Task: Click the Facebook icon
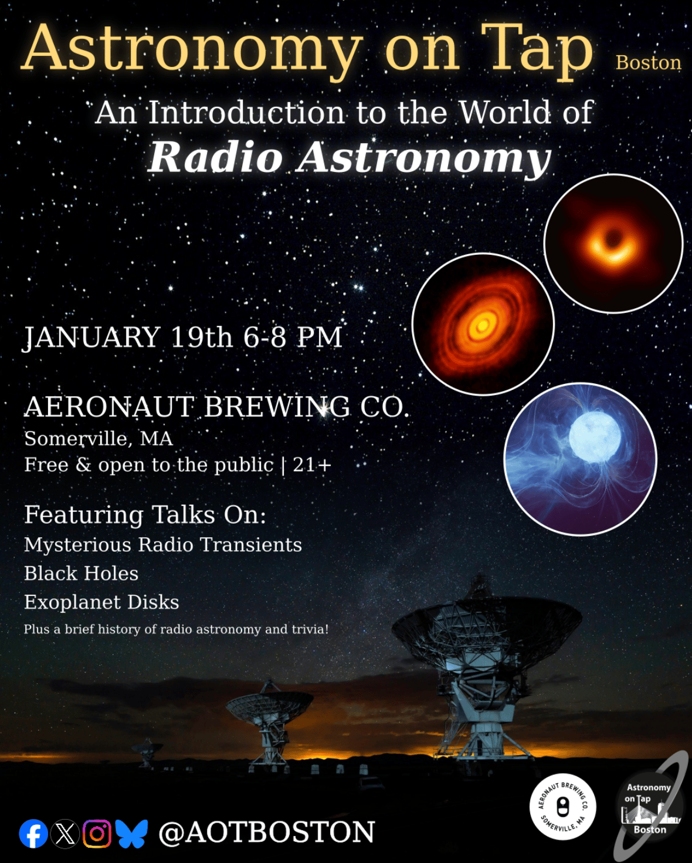pyautogui.click(x=33, y=833)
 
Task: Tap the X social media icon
pyautogui.click(x=66, y=833)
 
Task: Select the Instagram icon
pyautogui.click(x=97, y=833)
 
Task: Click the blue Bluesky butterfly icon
pyautogui.click(x=131, y=833)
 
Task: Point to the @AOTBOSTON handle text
pyautogui.click(x=266, y=832)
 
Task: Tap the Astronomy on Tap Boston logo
pyautogui.click(x=649, y=806)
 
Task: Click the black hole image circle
pyautogui.click(x=613, y=244)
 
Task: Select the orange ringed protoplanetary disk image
pyautogui.click(x=483, y=324)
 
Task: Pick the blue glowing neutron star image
pyautogui.click(x=580, y=459)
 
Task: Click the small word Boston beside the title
pyautogui.click(x=649, y=63)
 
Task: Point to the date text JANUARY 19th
pyautogui.click(x=128, y=337)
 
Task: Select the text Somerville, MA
pyautogui.click(x=99, y=439)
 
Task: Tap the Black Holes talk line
pyautogui.click(x=82, y=574)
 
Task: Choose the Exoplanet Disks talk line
pyautogui.click(x=101, y=602)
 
